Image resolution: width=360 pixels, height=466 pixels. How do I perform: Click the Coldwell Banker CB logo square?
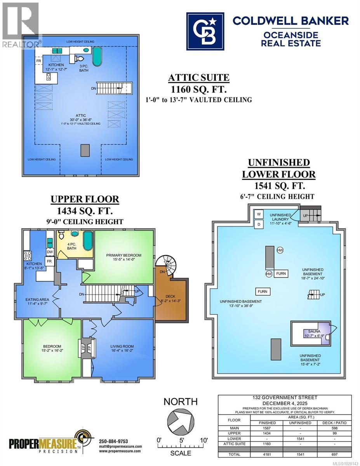205,31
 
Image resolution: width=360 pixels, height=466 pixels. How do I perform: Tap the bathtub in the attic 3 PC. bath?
97,57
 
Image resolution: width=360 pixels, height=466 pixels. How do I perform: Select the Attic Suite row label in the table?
232,443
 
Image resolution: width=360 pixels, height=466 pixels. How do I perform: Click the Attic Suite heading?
198,78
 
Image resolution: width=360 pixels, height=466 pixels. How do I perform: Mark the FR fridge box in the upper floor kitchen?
49,261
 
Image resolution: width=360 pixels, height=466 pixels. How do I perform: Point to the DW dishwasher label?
50,252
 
